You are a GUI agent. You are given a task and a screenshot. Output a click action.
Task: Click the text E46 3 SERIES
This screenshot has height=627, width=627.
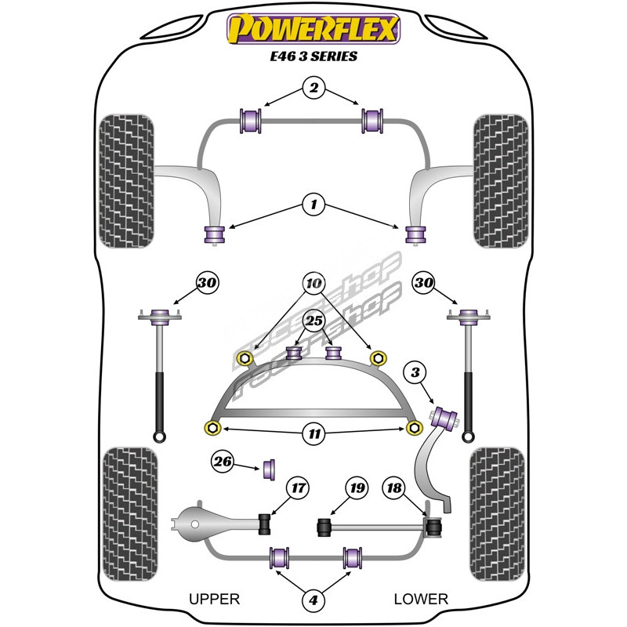click(x=313, y=57)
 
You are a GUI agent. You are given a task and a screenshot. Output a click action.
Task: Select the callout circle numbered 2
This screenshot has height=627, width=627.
click(x=313, y=89)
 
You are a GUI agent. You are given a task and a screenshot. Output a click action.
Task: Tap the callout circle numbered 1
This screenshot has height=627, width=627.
click(x=313, y=206)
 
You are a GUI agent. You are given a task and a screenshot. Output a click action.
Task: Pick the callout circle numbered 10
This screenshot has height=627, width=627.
click(x=313, y=282)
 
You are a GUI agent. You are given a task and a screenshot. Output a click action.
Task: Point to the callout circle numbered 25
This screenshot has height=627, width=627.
click(x=313, y=320)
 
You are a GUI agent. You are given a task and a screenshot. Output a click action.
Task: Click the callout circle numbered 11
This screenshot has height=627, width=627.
click(x=313, y=432)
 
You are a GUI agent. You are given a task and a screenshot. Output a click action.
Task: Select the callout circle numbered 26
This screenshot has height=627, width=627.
click(x=223, y=462)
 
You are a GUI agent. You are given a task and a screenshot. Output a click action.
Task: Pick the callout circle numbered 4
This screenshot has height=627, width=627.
click(x=313, y=600)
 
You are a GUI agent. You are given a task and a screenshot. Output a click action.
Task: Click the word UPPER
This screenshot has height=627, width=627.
click(x=214, y=599)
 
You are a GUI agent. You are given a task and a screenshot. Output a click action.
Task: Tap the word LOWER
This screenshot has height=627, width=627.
click(x=421, y=599)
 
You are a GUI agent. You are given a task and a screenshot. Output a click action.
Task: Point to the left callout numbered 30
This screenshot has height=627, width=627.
click(x=207, y=283)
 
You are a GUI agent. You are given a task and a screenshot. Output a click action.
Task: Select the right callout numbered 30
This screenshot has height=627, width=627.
click(x=424, y=283)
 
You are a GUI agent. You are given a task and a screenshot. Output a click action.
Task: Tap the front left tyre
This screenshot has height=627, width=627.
click(x=128, y=180)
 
